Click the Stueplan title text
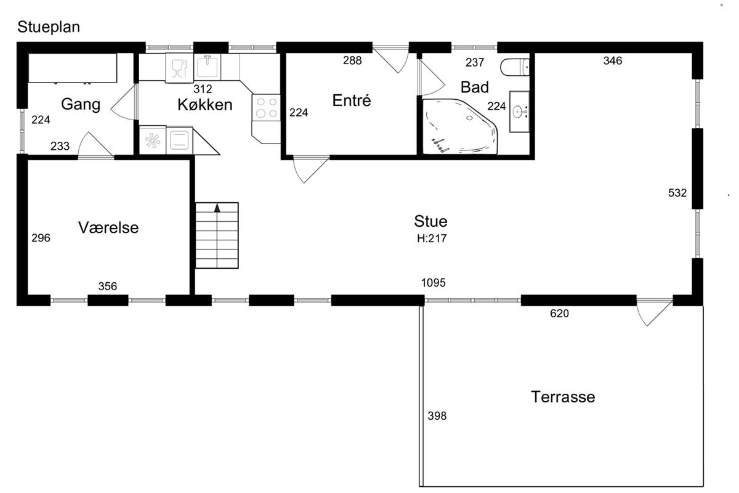[49, 27]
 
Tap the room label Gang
[81, 105]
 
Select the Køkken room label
[205, 105]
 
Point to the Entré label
[352, 100]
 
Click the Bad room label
[474, 87]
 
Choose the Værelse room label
[108, 227]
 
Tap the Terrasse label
[563, 397]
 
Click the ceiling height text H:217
[432, 238]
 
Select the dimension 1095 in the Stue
[433, 283]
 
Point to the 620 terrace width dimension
[560, 313]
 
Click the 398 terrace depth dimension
[437, 416]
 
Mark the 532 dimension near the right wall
[677, 192]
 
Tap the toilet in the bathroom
[515, 67]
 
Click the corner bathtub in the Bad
[460, 126]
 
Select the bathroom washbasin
[519, 112]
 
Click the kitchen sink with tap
[207, 67]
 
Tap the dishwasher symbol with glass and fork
[179, 68]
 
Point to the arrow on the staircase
[217, 208]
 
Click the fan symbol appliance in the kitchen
[153, 141]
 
